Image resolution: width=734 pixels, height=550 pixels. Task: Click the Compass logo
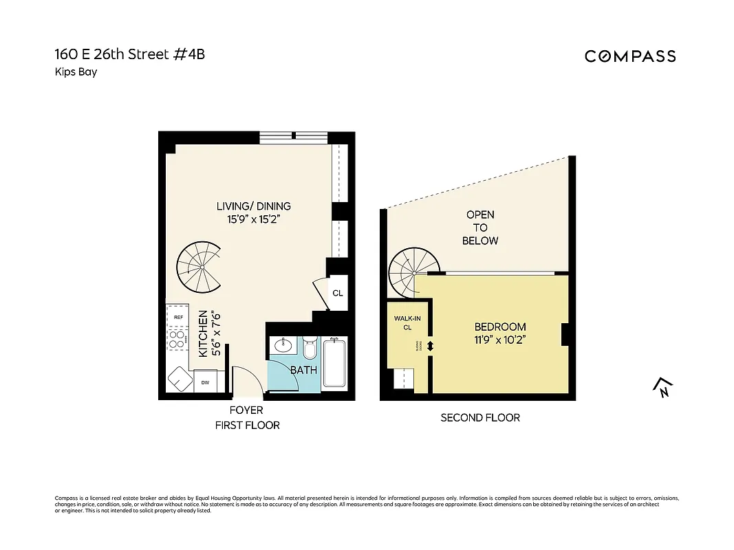(x=630, y=56)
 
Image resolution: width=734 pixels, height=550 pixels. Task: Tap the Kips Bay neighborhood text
(x=75, y=71)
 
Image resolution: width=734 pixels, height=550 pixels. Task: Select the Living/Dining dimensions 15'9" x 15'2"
(x=254, y=220)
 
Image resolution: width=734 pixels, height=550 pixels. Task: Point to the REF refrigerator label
(x=178, y=317)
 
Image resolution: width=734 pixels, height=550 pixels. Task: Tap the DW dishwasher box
(x=205, y=382)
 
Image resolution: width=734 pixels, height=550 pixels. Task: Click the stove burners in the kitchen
(x=177, y=340)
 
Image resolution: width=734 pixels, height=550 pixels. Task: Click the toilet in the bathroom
(x=309, y=350)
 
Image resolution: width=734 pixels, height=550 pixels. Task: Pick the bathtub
(x=335, y=362)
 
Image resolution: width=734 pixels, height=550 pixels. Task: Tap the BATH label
(x=303, y=370)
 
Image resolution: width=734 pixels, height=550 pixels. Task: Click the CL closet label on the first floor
(x=337, y=293)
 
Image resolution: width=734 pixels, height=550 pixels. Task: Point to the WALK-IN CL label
(x=407, y=323)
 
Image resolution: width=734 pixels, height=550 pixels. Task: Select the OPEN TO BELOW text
(x=480, y=228)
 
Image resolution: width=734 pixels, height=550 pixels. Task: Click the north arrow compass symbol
(x=661, y=388)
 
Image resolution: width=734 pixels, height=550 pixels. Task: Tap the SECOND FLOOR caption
(x=480, y=417)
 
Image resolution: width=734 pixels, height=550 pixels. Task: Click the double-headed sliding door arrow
(x=431, y=347)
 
